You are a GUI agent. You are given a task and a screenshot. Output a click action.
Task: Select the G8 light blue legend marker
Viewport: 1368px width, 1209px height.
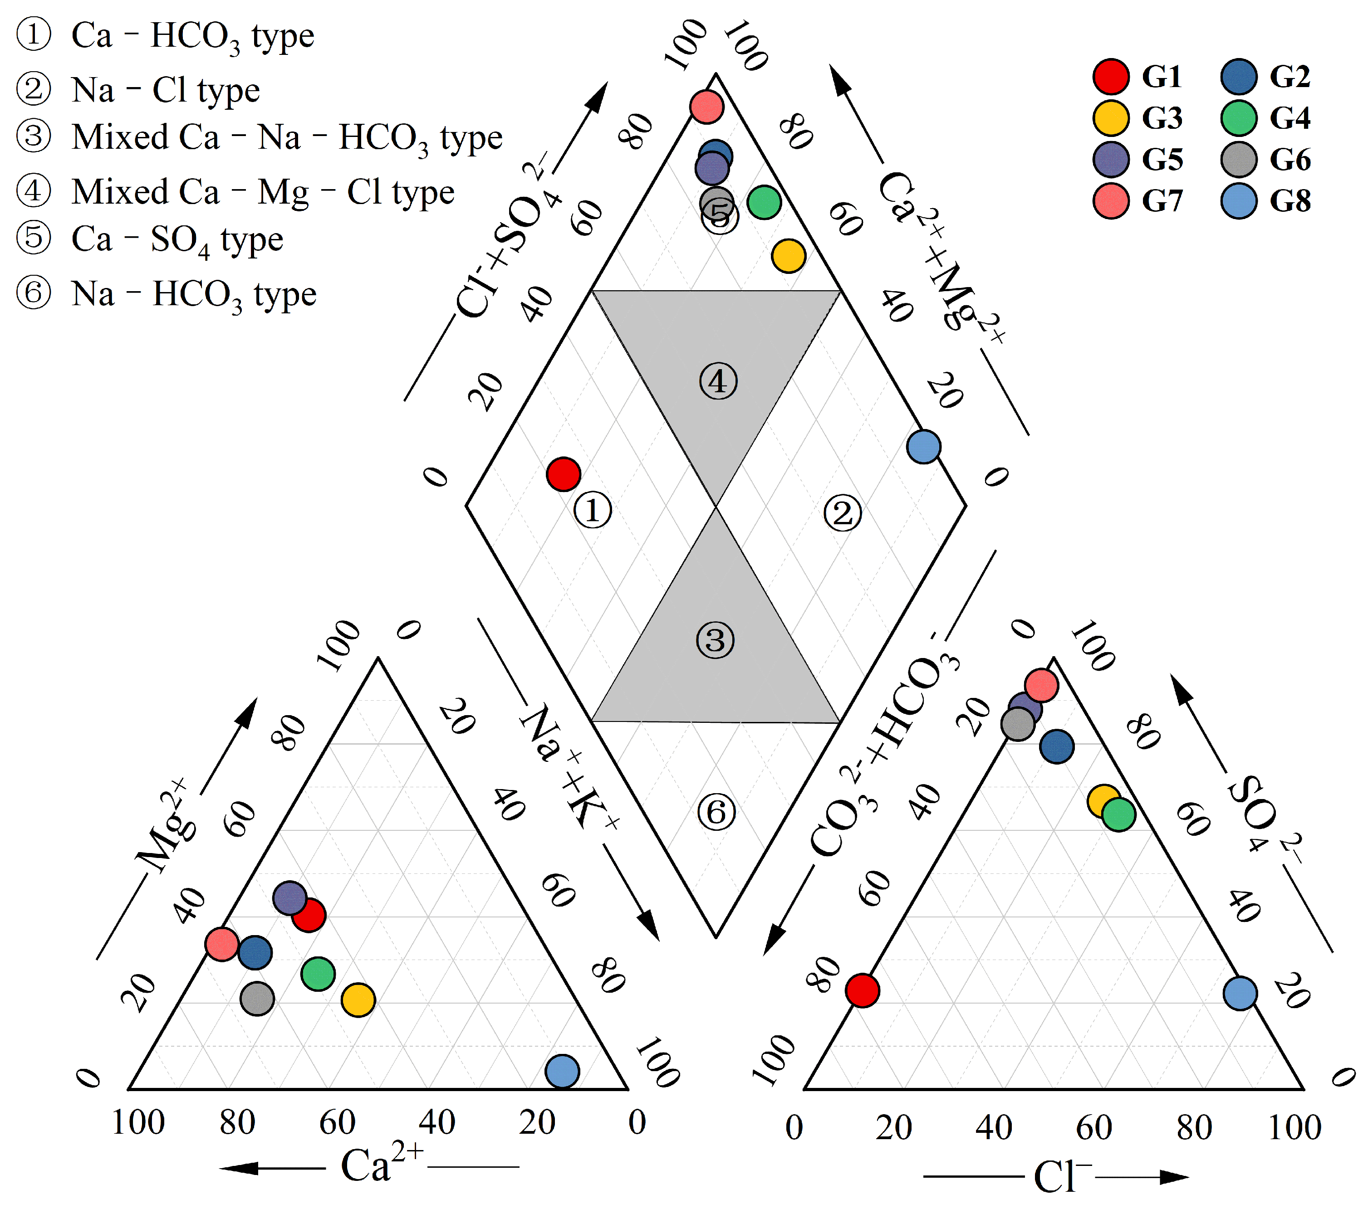tap(1238, 201)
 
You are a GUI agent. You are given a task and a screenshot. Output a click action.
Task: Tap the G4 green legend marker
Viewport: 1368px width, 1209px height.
tap(1238, 118)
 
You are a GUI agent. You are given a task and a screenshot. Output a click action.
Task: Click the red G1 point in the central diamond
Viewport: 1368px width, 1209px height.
tap(563, 474)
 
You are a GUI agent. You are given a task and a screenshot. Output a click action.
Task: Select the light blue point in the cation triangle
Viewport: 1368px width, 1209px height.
tap(562, 1071)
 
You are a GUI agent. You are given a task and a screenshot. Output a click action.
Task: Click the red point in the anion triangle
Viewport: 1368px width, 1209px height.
tap(862, 990)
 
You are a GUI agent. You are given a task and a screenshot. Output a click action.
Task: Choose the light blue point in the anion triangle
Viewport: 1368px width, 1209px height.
tap(1240, 993)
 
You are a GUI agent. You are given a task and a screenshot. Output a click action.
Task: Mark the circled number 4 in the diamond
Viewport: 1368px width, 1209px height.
tap(718, 381)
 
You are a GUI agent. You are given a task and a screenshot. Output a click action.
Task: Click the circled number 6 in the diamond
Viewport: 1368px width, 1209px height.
tap(716, 813)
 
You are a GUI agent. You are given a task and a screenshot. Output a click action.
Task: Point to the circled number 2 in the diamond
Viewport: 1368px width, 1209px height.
tap(842, 513)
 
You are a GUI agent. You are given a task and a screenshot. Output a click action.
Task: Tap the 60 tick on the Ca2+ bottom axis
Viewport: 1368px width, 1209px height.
tap(337, 1122)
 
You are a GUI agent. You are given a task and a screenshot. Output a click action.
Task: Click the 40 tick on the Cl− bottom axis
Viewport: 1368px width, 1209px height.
tap(993, 1127)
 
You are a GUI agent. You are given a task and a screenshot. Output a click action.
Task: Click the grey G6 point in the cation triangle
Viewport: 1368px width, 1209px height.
tap(257, 999)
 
